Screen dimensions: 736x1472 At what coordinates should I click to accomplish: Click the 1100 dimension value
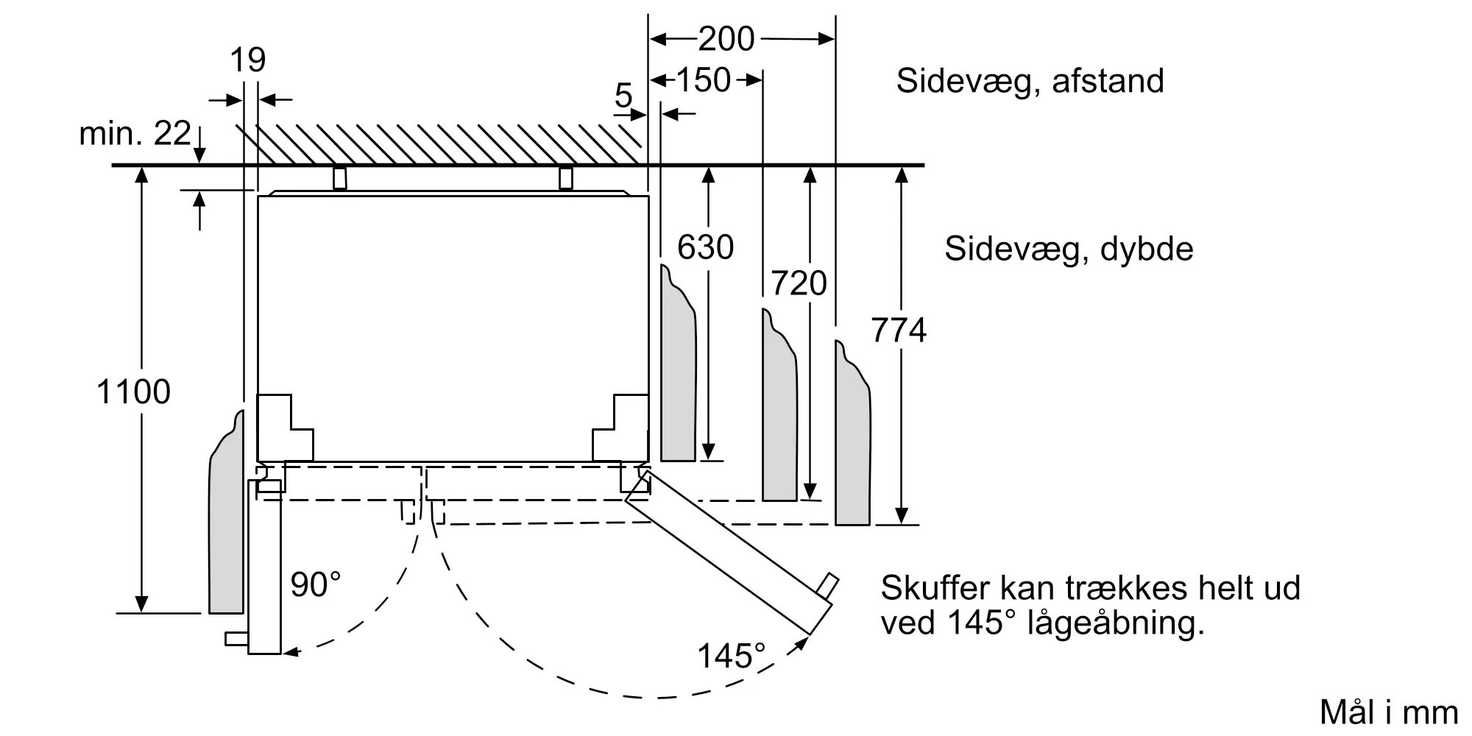133,392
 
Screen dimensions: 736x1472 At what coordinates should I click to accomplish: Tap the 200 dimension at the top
726,39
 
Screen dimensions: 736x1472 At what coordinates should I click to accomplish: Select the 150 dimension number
703,80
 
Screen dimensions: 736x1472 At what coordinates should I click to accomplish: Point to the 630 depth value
705,247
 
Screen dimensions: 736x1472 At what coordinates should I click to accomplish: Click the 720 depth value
799,283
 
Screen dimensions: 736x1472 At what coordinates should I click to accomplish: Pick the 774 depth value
899,330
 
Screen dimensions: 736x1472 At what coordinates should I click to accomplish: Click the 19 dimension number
247,60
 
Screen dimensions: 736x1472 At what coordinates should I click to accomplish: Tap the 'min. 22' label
135,133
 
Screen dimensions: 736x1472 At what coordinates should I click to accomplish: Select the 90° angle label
316,584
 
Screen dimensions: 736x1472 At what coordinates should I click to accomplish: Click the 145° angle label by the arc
731,656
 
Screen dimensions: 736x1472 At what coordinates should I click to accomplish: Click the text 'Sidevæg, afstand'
1030,81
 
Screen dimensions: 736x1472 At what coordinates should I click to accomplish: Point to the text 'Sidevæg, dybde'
1069,249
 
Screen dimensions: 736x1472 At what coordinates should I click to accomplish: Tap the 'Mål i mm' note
1389,712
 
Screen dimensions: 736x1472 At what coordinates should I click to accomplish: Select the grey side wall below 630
678,375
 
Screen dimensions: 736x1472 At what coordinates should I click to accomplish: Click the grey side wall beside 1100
227,530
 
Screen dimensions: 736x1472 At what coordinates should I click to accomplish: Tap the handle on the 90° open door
236,638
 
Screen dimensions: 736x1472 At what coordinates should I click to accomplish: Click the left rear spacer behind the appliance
339,178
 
